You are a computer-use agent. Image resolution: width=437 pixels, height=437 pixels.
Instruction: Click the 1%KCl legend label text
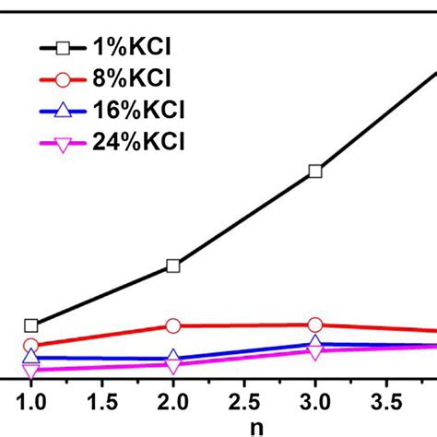(x=140, y=47)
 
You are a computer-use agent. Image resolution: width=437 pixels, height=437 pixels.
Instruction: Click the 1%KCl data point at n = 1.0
(x=31, y=325)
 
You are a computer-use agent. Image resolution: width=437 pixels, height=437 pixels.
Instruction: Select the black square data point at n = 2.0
(x=173, y=266)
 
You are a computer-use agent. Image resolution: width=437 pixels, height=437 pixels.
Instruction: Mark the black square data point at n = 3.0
(x=315, y=171)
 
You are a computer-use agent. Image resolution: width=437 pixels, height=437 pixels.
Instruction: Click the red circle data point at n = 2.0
(x=173, y=325)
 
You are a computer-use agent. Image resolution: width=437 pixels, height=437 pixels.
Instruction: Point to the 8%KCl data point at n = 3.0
(x=315, y=325)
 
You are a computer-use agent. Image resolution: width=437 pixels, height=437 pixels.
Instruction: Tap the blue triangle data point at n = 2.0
(x=173, y=358)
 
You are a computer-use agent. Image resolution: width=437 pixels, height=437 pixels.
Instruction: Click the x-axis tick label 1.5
(x=102, y=402)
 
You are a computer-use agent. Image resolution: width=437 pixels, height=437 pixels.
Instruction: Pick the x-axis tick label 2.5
(x=244, y=402)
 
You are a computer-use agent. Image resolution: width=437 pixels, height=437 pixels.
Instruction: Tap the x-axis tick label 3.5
(x=386, y=402)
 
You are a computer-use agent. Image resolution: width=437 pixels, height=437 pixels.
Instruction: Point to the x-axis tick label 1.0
(x=31, y=402)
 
